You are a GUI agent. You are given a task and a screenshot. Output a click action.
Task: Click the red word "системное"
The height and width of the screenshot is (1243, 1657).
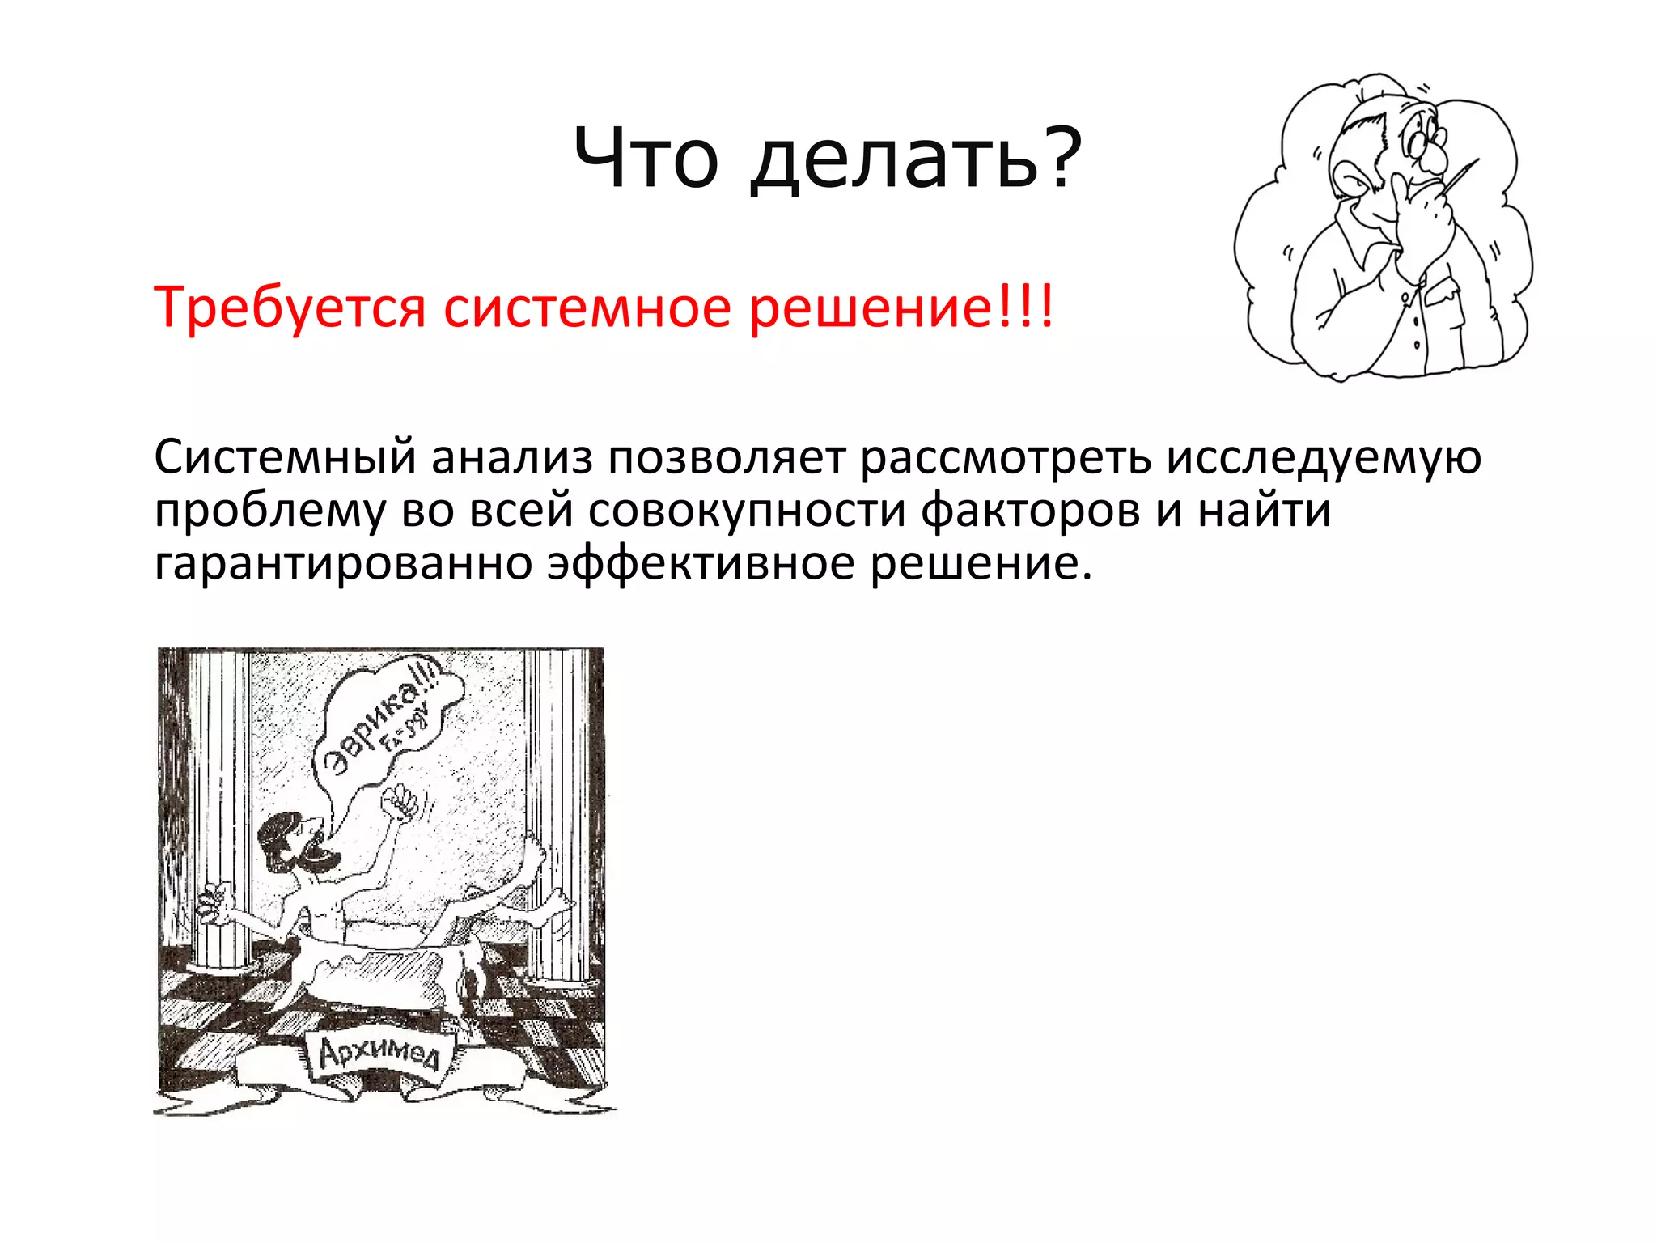click(x=587, y=308)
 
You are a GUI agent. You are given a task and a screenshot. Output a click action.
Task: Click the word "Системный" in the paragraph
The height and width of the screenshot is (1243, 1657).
click(x=285, y=458)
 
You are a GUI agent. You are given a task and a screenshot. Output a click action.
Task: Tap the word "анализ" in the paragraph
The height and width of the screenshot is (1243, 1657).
click(x=511, y=458)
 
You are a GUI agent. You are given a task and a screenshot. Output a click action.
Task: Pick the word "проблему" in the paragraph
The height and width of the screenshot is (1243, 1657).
click(x=270, y=512)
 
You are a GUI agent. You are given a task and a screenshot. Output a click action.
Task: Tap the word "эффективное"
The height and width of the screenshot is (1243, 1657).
click(x=701, y=564)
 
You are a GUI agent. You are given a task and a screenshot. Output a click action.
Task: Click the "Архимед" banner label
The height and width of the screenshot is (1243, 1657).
click(x=379, y=1054)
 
